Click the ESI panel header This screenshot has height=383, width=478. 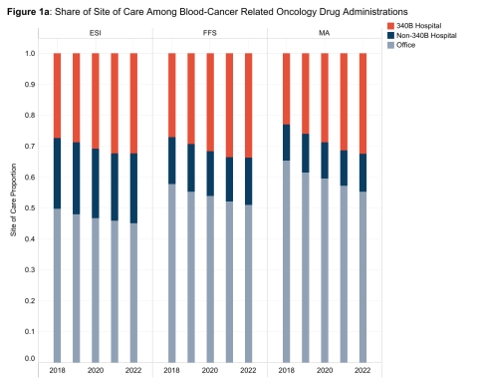(x=95, y=34)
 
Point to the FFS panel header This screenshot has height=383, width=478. (x=210, y=34)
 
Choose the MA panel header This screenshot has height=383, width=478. (x=325, y=34)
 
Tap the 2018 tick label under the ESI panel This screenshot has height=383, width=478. (x=58, y=370)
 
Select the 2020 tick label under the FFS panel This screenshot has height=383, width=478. (x=210, y=370)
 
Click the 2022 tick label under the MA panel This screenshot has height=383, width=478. (x=362, y=370)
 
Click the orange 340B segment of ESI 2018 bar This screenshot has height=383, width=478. (x=58, y=95)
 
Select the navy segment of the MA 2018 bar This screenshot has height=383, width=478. (x=287, y=142)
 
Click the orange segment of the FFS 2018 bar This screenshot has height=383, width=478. (x=172, y=95)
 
